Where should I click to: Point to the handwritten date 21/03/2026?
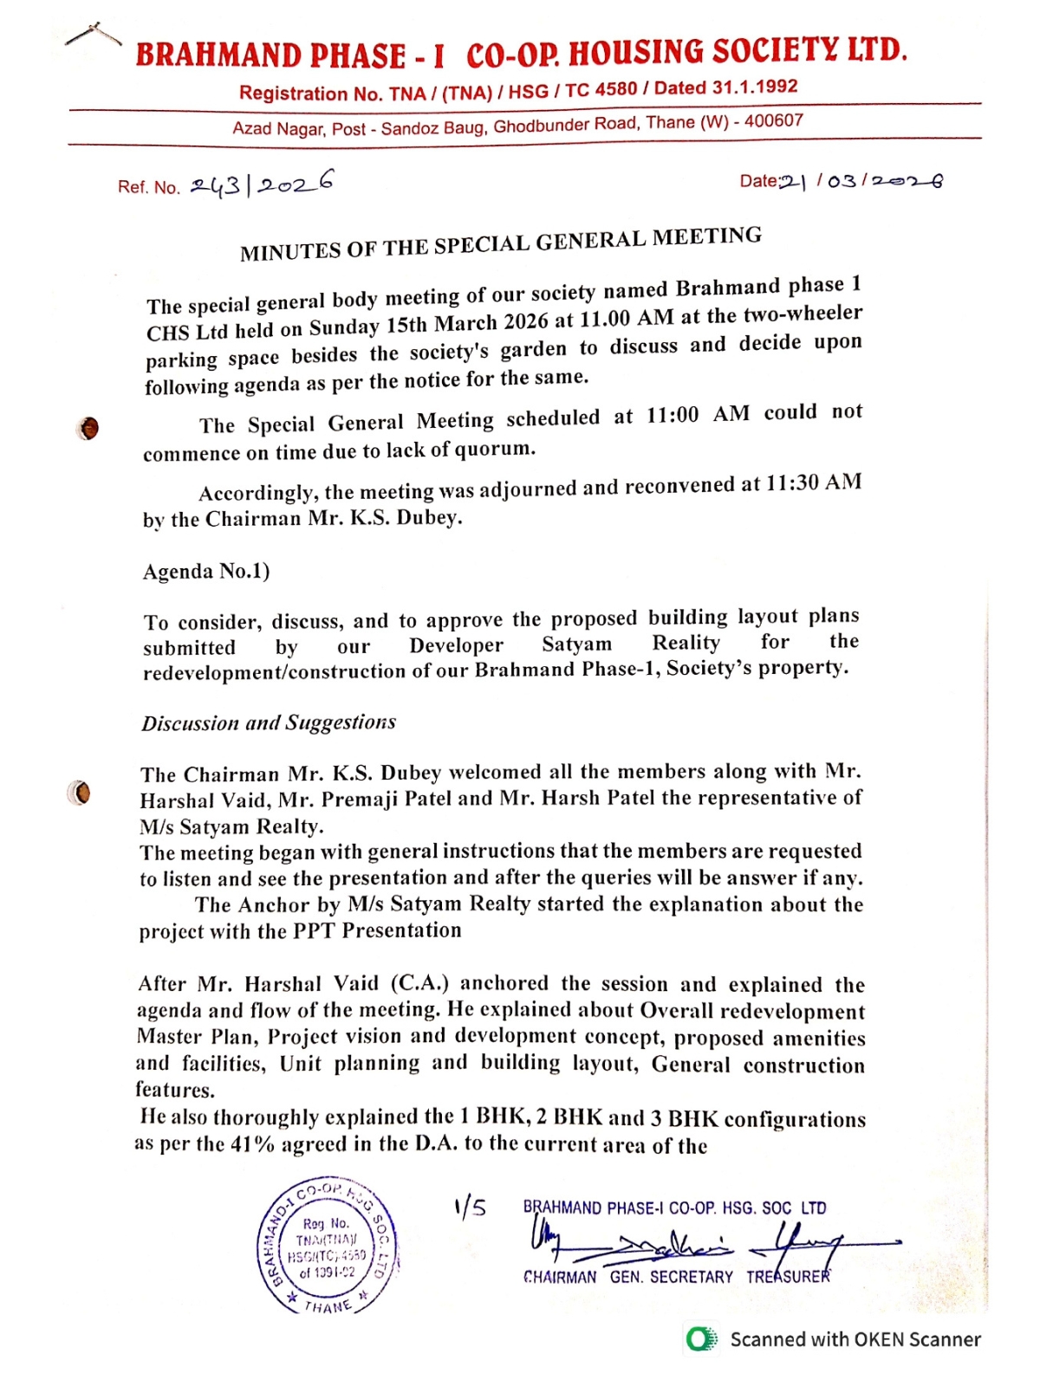click(x=861, y=181)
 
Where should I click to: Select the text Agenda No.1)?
click(x=206, y=572)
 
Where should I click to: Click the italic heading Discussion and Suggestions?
click(x=269, y=723)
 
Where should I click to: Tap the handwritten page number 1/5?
click(x=470, y=1208)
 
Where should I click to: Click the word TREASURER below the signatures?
click(x=788, y=1276)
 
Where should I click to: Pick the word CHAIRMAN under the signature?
click(x=560, y=1277)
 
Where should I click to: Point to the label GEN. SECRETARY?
click(x=671, y=1277)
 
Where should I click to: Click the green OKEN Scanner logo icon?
click(x=701, y=1339)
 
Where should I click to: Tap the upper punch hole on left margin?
click(x=88, y=428)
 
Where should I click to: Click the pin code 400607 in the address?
click(x=774, y=121)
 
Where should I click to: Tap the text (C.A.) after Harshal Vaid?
click(x=419, y=983)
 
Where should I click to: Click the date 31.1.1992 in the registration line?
click(x=754, y=87)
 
